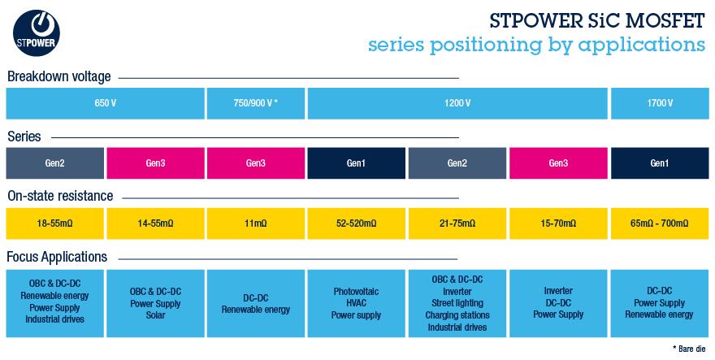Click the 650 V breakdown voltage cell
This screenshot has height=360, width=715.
pos(104,103)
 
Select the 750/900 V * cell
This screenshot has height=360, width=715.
pos(255,103)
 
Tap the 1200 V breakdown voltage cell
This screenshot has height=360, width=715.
pos(457,103)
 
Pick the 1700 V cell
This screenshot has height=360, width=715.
pos(660,103)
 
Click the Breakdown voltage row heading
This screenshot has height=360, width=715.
pos(58,77)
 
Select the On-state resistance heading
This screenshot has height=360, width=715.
pos(60,196)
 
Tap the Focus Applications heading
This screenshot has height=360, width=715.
pos(57,257)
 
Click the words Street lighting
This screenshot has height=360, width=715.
pos(457,303)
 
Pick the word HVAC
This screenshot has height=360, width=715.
pos(356,303)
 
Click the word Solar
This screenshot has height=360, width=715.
pos(155,315)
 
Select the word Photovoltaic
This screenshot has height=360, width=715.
pos(356,291)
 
